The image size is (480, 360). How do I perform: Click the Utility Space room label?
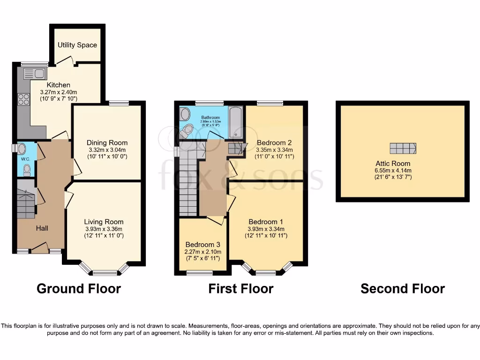point(77,45)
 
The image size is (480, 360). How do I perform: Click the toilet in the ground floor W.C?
point(27,169)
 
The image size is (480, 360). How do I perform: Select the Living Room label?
point(104,222)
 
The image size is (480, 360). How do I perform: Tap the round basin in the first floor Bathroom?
point(185,114)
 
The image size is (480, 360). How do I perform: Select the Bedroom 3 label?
point(202,245)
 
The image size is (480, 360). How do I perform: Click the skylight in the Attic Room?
point(402,148)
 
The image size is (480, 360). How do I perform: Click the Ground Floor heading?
point(78,288)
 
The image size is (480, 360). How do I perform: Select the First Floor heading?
point(240,288)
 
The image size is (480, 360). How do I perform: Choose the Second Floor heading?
point(402,288)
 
